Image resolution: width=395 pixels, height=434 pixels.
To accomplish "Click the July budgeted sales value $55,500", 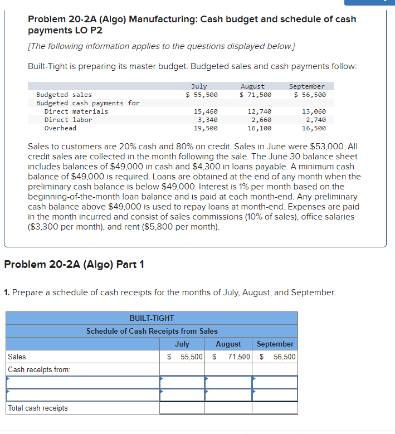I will coord(202,95).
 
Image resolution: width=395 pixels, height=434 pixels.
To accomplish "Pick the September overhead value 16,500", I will coord(314,128).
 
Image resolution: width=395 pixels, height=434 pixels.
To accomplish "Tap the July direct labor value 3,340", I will coord(207,120).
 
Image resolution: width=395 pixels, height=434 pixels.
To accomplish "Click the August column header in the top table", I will coord(252,86).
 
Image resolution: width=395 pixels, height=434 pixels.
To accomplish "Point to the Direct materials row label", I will coord(76,111).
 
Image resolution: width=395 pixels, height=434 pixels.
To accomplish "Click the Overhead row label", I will coord(60,128).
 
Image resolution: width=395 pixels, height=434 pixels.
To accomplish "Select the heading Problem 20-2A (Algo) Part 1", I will coord(74,264).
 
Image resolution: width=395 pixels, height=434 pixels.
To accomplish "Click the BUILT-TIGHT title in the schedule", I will coord(152,318).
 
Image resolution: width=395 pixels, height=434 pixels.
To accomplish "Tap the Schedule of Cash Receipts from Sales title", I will coord(152,331).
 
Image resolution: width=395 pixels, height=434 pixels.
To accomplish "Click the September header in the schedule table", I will coord(275,344).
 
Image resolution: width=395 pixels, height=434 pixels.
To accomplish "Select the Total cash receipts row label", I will coord(38,408).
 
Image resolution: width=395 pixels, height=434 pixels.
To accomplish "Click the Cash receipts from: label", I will coord(39,369).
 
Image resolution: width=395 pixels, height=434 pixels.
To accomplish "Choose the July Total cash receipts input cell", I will coord(182,408).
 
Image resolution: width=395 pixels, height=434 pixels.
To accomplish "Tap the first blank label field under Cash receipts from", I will coord(82,382).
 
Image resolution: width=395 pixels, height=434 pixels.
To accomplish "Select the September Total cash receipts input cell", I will coord(275,408).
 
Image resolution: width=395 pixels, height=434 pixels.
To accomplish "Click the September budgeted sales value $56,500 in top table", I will coord(310,95).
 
